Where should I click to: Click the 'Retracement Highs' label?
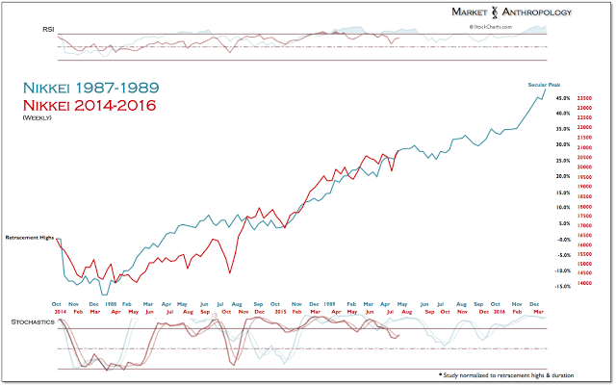[30, 236]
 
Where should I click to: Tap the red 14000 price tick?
[584, 283]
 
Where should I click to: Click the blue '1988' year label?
[112, 302]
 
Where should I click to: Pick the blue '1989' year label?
[330, 302]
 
